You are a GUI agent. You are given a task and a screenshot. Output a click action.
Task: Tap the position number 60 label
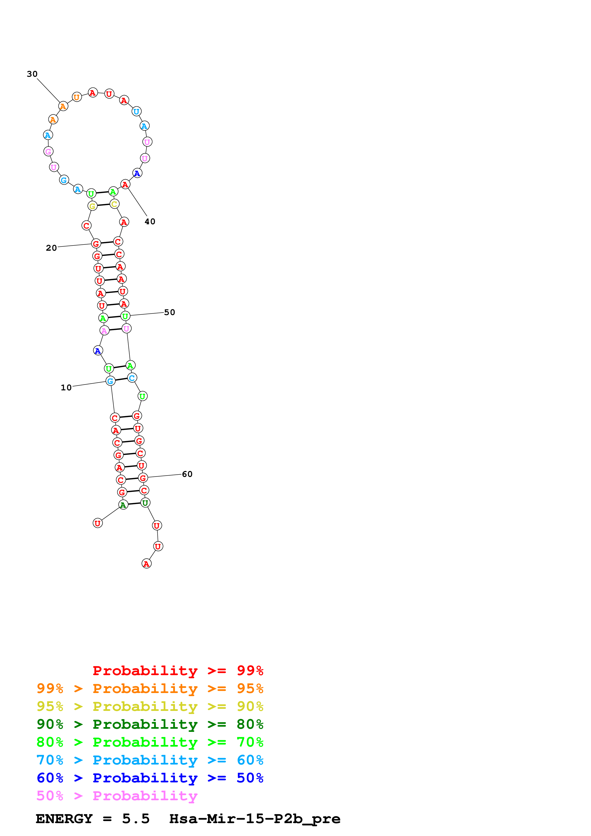(187, 474)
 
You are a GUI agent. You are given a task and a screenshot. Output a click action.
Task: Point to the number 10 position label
(66, 387)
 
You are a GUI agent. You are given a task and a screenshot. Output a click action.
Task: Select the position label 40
(150, 221)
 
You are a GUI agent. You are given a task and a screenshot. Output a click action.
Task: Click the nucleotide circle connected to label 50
(125, 316)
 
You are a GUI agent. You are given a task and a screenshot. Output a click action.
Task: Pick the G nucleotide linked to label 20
(96, 244)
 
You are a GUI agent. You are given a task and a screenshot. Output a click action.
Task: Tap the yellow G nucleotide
(93, 206)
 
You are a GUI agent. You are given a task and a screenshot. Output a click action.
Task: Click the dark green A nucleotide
(123, 505)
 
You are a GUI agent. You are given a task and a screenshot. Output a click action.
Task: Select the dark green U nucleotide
(145, 503)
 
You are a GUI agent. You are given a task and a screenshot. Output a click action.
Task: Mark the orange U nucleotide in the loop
(77, 97)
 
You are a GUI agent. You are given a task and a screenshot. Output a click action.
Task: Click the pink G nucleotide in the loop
(48, 152)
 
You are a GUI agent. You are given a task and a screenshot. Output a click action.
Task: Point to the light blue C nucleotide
(132, 378)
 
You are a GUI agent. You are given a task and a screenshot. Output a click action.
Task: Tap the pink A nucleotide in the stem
(104, 331)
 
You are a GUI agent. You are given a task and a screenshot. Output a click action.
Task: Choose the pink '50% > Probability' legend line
(117, 796)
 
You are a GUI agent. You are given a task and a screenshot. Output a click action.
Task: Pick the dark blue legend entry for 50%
(150, 778)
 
